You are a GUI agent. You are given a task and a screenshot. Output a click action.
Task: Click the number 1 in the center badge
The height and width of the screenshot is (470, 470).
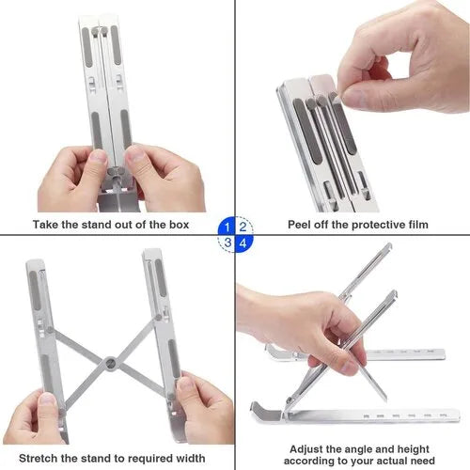227,227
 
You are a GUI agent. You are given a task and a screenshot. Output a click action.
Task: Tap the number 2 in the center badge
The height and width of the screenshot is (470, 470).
243,227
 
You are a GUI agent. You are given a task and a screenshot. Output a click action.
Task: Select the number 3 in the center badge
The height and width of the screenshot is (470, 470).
227,243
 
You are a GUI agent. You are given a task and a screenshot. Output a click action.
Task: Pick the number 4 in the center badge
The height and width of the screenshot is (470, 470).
243,243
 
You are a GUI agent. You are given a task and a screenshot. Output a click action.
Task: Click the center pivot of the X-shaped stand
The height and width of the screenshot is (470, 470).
111,361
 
